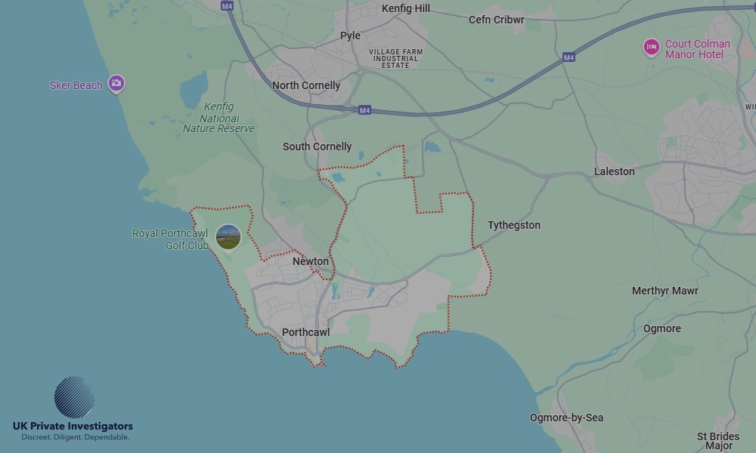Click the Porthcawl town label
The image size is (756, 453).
pos(305,332)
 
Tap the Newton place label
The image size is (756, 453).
pos(311,261)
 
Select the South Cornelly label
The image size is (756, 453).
pos(317,146)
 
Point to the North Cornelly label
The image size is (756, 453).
pos(306,85)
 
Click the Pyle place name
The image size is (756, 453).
pos(350,35)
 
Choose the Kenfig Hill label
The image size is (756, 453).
pos(406,8)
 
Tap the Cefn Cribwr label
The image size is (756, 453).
pos(496,20)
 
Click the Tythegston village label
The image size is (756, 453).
pos(514,225)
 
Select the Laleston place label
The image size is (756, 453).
pos(614,171)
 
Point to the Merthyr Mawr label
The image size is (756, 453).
pos(665,291)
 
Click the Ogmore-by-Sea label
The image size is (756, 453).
pos(566,418)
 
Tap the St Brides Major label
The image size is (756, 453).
pos(718,441)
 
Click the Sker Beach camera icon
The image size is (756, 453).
pos(116,83)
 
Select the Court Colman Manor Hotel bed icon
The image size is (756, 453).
pos(651,48)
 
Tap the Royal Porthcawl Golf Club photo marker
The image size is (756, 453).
pos(228,237)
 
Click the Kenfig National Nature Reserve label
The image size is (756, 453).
pos(218,118)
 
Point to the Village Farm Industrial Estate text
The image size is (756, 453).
pos(395,58)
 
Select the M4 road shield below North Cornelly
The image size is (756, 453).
pos(364,110)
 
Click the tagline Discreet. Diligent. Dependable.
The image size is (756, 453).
pos(75,437)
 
